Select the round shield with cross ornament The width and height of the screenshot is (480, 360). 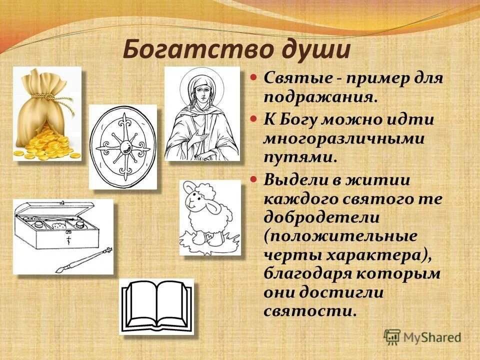(x=122, y=146)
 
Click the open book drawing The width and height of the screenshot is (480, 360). (x=156, y=306)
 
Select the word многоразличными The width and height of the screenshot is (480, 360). (x=344, y=138)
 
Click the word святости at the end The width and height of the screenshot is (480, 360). (x=310, y=310)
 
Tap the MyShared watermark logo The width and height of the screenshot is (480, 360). (x=392, y=336)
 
